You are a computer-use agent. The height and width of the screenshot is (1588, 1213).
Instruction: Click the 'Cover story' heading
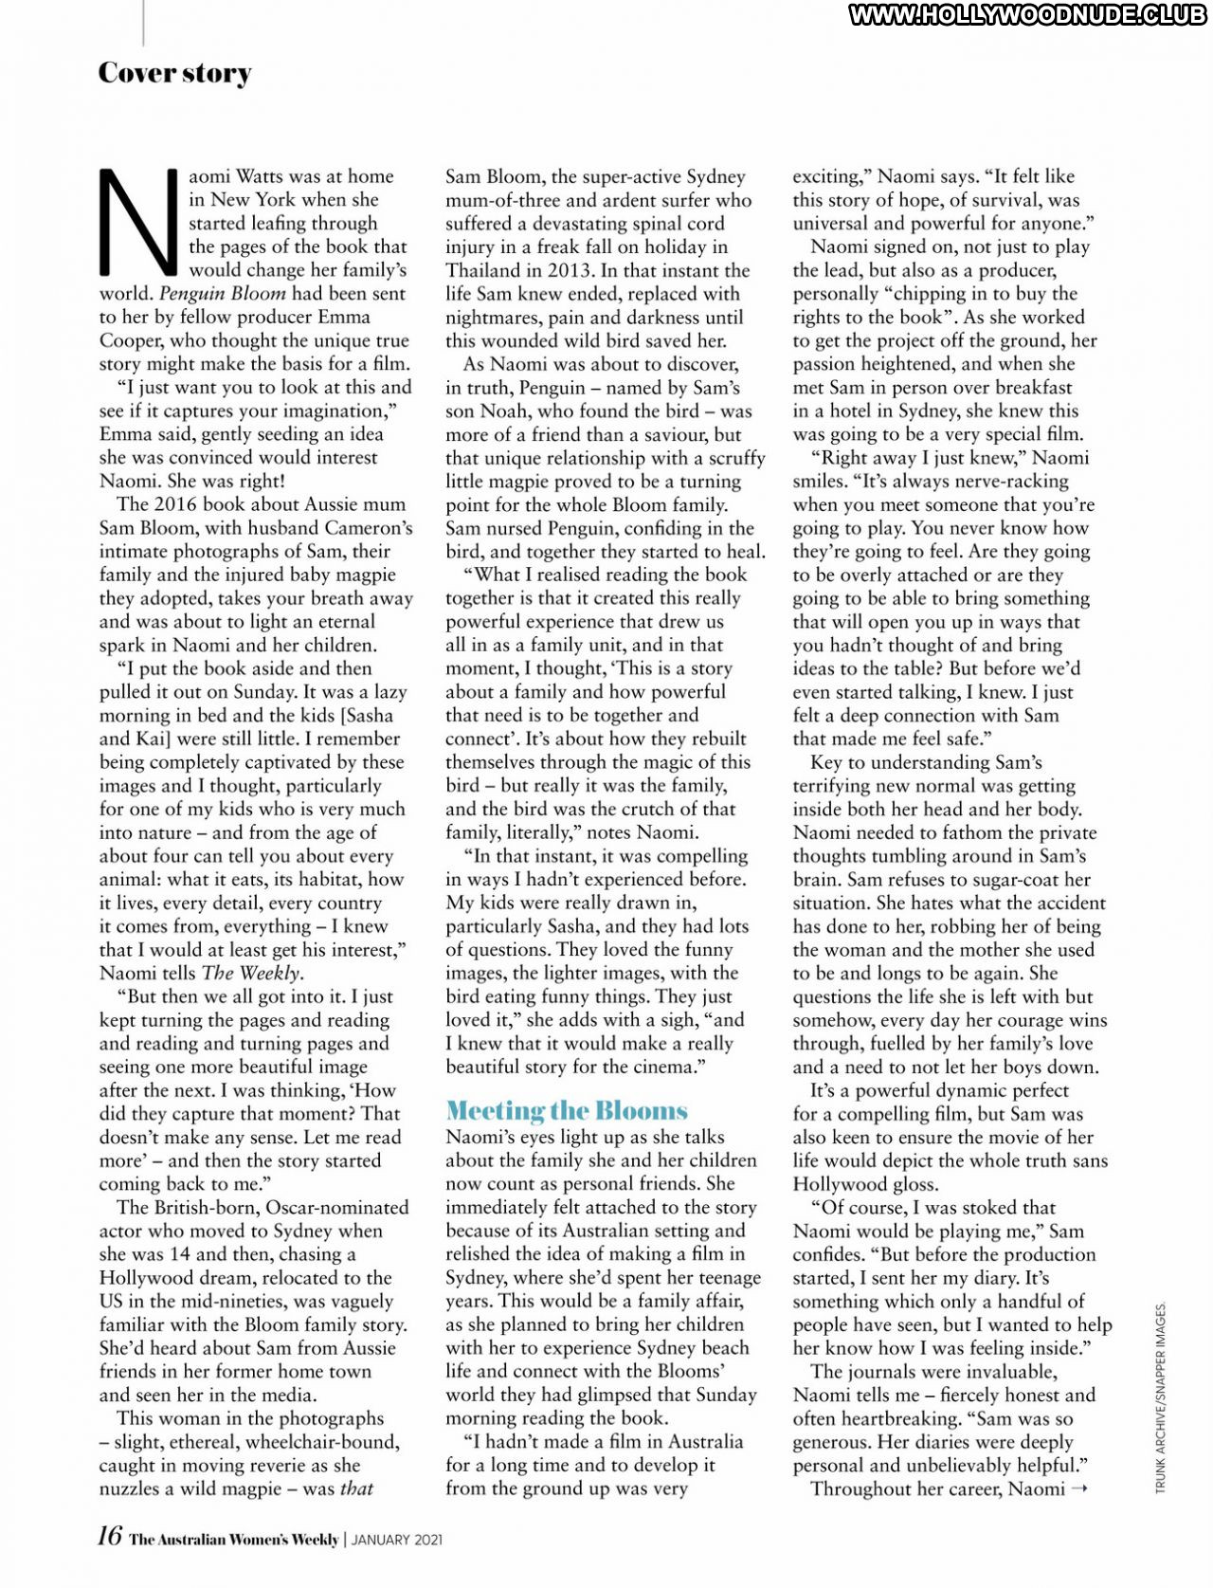tap(175, 73)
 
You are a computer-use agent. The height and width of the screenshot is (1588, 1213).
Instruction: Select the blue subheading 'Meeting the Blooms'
tap(567, 1110)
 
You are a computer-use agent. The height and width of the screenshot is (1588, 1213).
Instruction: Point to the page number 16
tap(110, 1536)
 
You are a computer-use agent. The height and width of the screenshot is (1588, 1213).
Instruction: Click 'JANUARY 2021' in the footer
tap(397, 1540)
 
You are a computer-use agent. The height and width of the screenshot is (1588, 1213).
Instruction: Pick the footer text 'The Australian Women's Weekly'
tap(234, 1540)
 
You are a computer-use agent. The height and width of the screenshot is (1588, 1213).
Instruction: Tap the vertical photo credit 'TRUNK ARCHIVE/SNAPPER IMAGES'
tap(1161, 1398)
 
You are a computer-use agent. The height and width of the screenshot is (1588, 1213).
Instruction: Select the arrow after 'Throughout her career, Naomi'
tap(1078, 1488)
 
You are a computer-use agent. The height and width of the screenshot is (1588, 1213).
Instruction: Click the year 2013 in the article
tap(570, 270)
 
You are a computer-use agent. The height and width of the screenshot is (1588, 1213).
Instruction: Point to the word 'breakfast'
tap(1027, 387)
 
